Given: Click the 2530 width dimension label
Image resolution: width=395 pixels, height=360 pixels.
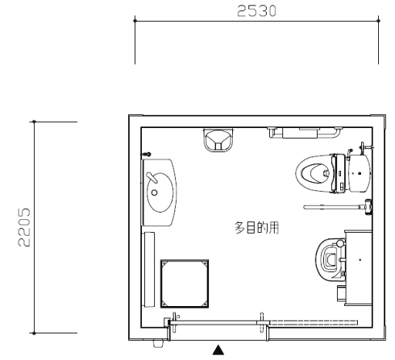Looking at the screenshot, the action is [x=256, y=11].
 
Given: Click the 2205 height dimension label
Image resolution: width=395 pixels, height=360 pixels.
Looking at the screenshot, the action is [x=24, y=227].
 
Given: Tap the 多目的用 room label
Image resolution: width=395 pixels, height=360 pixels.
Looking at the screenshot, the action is [x=256, y=228].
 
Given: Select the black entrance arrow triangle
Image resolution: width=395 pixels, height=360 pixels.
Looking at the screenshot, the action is [x=218, y=350].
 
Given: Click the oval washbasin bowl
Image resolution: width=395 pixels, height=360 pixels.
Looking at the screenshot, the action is [x=160, y=192].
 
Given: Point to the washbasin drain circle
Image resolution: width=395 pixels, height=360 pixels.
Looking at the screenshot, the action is [x=154, y=192].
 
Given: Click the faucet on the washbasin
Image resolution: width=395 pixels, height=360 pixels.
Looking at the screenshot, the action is [x=152, y=177].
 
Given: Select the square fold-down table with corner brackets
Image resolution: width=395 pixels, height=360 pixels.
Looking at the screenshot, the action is [x=185, y=283].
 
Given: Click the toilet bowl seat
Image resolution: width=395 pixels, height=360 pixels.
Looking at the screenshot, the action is [x=314, y=173].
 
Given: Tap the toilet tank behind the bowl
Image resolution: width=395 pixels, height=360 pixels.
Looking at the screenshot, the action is [x=360, y=173].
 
